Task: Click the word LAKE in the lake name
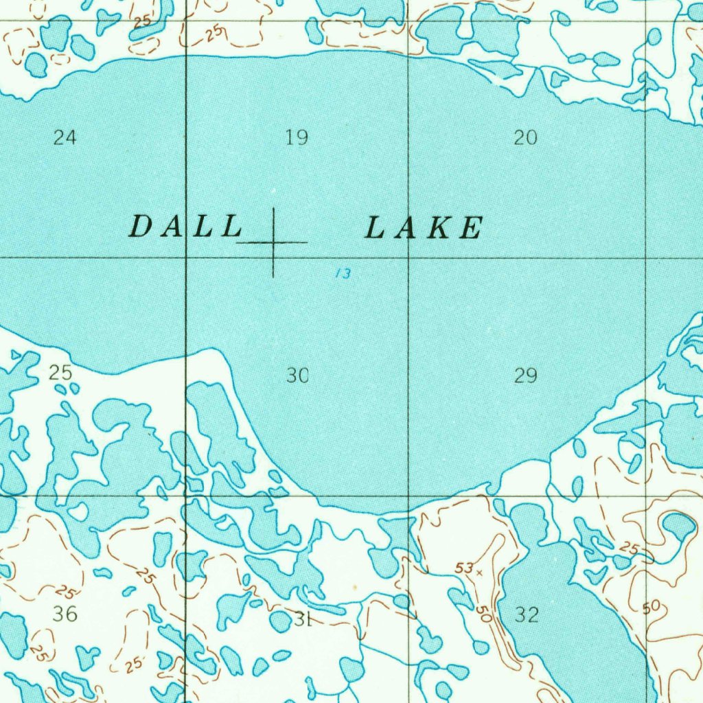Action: point(424,228)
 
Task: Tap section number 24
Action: point(65,138)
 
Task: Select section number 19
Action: point(297,138)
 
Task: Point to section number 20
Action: point(526,138)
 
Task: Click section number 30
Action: point(297,376)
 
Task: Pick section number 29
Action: point(526,376)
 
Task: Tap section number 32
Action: point(527,614)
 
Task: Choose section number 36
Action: point(65,613)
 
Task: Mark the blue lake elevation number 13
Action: point(343,274)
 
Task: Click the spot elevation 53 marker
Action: point(479,571)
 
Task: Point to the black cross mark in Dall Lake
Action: point(273,242)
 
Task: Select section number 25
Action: point(60,373)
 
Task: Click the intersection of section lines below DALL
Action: point(187,257)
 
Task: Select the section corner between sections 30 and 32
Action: point(408,496)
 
